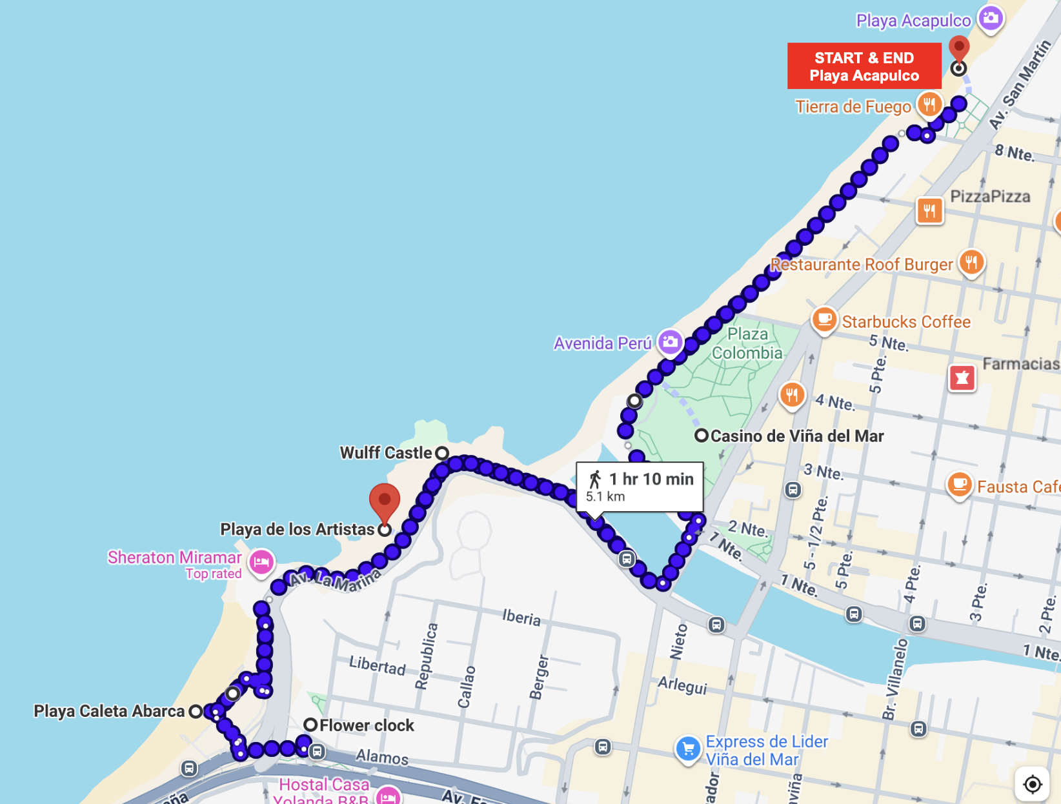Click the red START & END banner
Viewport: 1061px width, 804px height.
click(x=864, y=66)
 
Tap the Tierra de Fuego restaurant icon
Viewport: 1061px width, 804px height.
click(x=929, y=104)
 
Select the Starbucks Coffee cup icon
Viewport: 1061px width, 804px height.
click(x=824, y=319)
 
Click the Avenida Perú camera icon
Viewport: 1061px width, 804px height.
click(x=670, y=341)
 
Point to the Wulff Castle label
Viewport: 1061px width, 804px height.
click(x=386, y=453)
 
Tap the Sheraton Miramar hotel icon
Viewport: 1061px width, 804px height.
click(x=261, y=562)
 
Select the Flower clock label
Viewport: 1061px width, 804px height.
click(x=366, y=725)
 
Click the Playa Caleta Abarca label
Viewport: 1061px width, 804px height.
click(x=109, y=711)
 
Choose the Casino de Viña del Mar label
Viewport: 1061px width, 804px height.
click(x=797, y=436)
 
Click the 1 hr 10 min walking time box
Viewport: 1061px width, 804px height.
click(x=639, y=487)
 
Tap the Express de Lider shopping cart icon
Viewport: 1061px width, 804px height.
click(x=688, y=749)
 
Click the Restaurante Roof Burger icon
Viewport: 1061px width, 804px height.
click(x=971, y=263)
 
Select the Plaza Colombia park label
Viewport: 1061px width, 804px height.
click(x=747, y=343)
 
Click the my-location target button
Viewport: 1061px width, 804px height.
click(x=1033, y=784)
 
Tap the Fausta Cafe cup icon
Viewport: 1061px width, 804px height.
click(x=959, y=484)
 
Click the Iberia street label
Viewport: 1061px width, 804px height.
click(x=521, y=618)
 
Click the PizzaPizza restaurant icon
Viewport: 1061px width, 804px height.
click(x=929, y=210)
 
